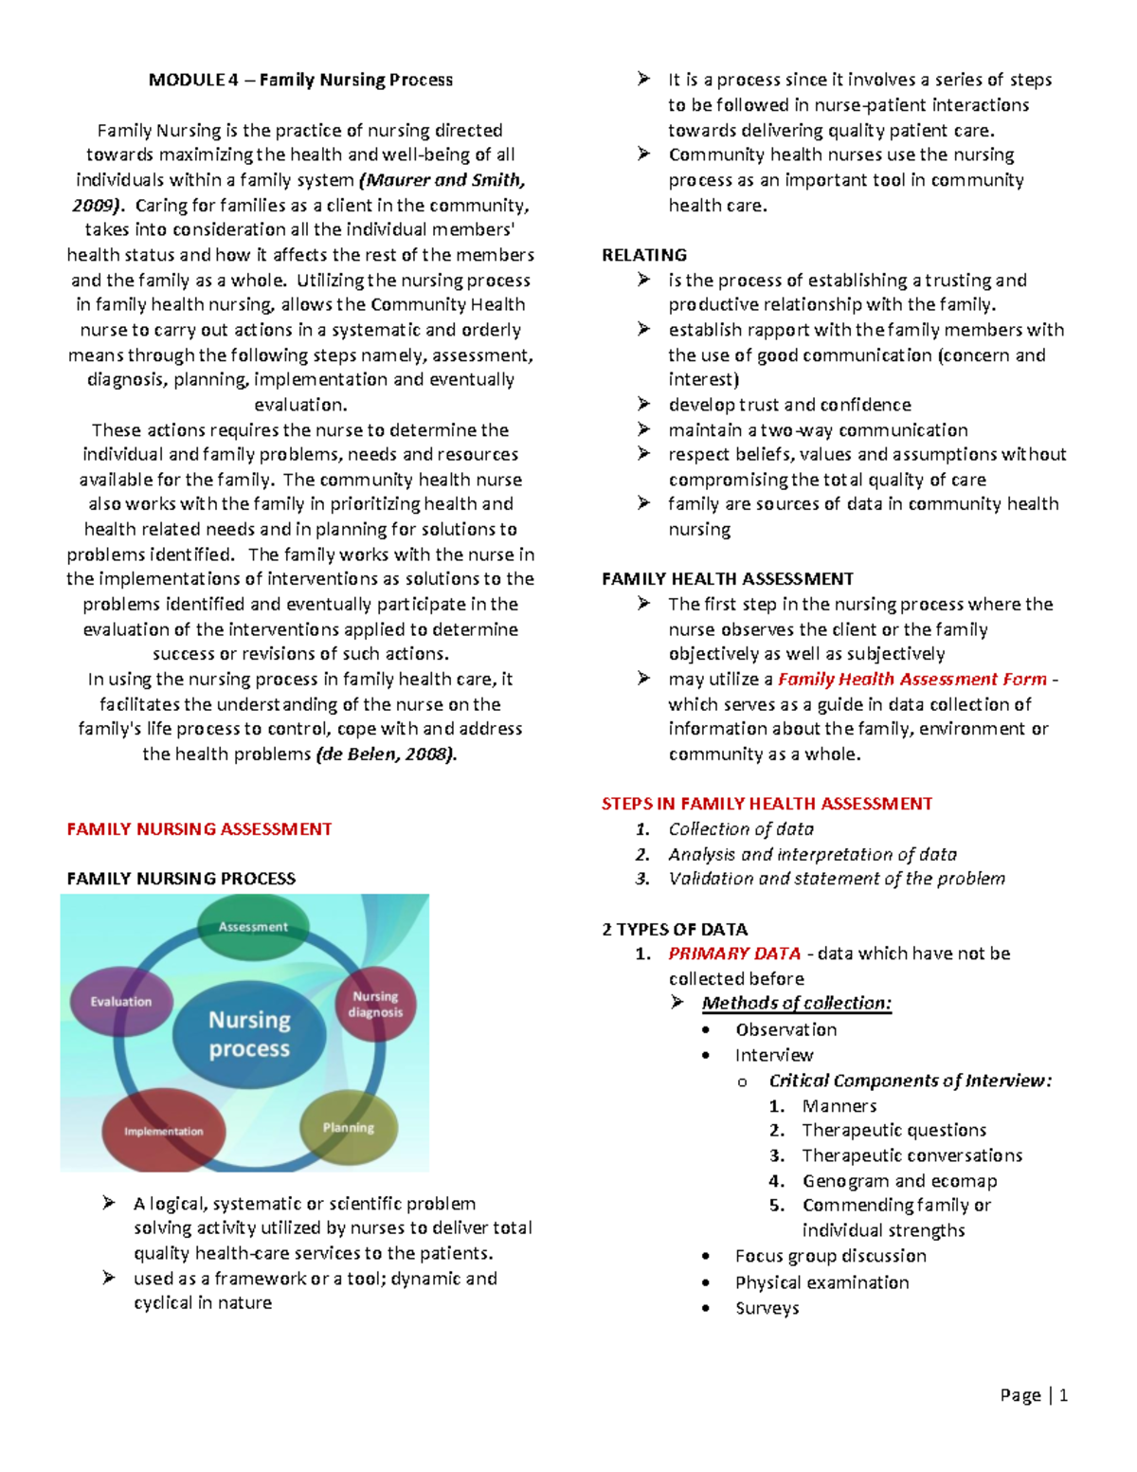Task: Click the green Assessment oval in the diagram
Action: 253,926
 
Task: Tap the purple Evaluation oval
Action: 120,1001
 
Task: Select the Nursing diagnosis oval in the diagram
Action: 376,1005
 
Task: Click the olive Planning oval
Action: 349,1127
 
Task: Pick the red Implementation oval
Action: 163,1131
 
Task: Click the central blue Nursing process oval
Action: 249,1034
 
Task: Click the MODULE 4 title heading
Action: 300,80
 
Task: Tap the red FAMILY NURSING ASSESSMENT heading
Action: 199,829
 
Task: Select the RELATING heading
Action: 644,255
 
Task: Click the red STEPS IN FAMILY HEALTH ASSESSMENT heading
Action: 767,804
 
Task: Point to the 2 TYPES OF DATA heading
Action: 675,929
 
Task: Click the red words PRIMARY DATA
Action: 734,954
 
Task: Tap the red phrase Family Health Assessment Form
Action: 911,679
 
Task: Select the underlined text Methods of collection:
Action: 796,1003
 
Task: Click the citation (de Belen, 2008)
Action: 386,754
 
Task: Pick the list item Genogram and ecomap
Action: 899,1180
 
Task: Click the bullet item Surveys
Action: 767,1308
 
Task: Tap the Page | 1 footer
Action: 1034,1394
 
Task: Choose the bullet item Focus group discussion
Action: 830,1256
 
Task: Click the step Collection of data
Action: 741,828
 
